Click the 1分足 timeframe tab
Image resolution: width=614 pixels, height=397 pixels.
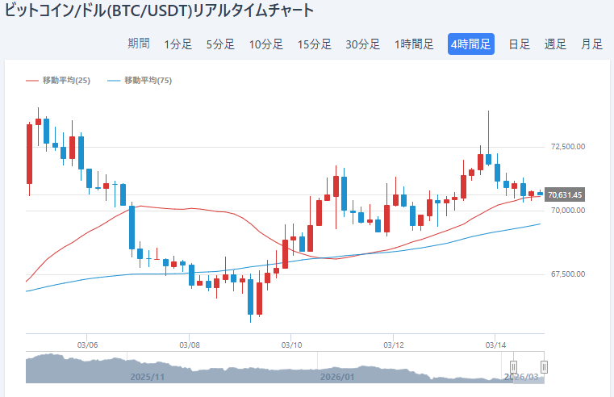178,44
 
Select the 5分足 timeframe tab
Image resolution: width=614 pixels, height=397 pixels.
220,44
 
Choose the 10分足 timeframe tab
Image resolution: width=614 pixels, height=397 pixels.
266,44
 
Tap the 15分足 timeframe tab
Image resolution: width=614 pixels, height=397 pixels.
315,44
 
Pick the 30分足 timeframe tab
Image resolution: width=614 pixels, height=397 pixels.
363,44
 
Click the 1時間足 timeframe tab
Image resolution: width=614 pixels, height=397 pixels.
414,44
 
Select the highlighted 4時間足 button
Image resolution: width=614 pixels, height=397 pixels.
471,44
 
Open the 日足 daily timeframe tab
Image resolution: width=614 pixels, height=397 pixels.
519,44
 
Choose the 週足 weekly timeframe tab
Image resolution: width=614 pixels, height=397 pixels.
555,44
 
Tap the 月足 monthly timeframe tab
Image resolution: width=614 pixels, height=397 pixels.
591,44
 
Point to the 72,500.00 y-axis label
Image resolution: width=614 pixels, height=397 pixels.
567,147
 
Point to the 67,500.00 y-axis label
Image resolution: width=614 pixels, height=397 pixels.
567,274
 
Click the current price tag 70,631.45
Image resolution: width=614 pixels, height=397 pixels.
565,194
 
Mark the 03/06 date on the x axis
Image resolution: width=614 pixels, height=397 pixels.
87,345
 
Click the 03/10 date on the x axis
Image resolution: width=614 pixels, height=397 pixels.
291,345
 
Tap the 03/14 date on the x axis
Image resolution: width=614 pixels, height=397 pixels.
495,345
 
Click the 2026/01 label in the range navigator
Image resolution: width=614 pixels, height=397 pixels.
337,377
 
